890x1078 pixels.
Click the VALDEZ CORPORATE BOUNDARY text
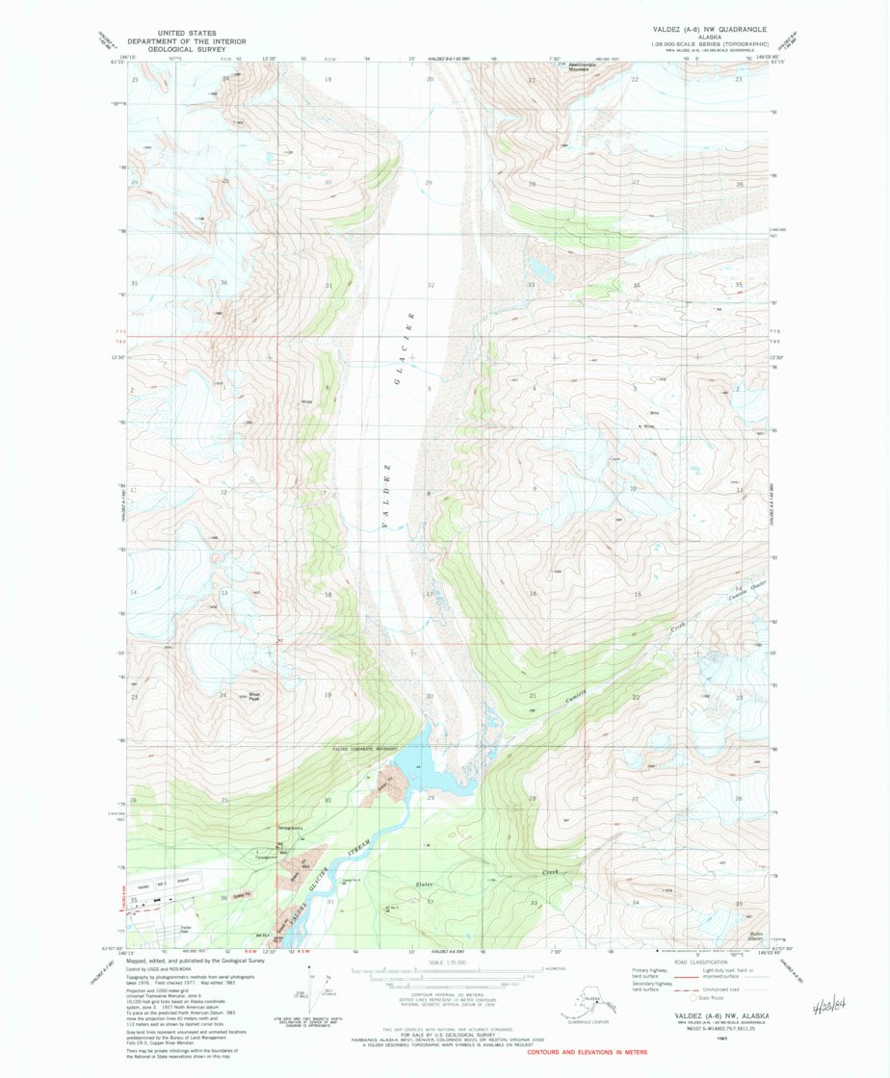(x=365, y=749)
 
